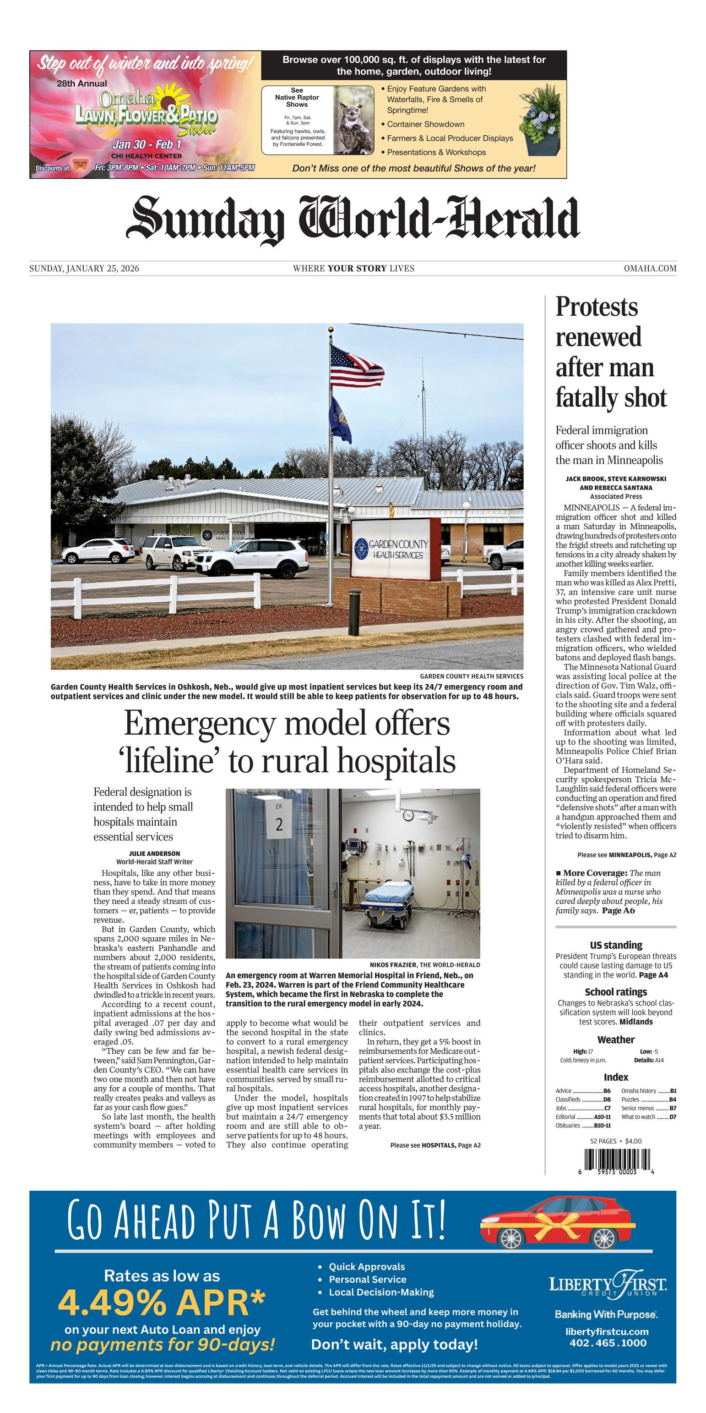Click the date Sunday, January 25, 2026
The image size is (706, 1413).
pos(84,268)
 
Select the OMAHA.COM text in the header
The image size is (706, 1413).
pos(650,268)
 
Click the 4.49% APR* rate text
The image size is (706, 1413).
pos(162,1303)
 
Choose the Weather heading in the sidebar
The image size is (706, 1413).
pos(615,1039)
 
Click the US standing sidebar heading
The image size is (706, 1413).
pos(615,945)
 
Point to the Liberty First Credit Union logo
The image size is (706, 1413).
pos(608,1284)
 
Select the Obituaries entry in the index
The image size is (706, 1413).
pos(568,1126)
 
